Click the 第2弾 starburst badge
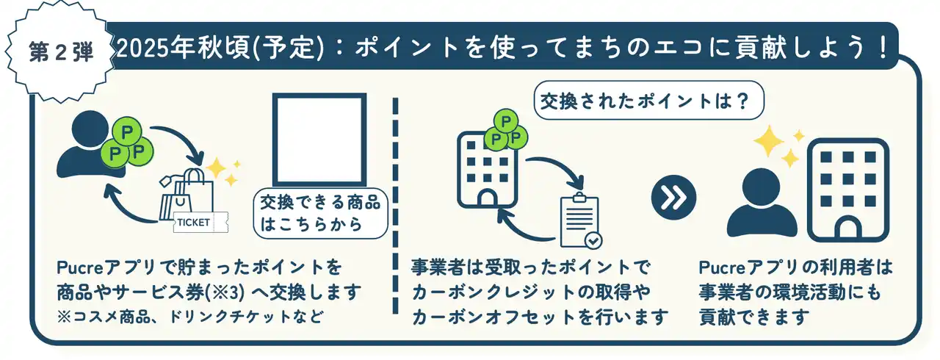pos(61,51)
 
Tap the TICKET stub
pos(200,222)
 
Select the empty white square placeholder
pos(319,140)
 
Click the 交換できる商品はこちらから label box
pos(321,214)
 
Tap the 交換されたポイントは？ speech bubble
pos(648,101)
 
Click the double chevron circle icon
pos(673,197)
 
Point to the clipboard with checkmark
pos(581,220)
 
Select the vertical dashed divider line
pos(395,206)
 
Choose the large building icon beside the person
pos(848,190)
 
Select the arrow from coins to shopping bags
pos(184,138)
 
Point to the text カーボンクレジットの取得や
pos(531,292)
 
